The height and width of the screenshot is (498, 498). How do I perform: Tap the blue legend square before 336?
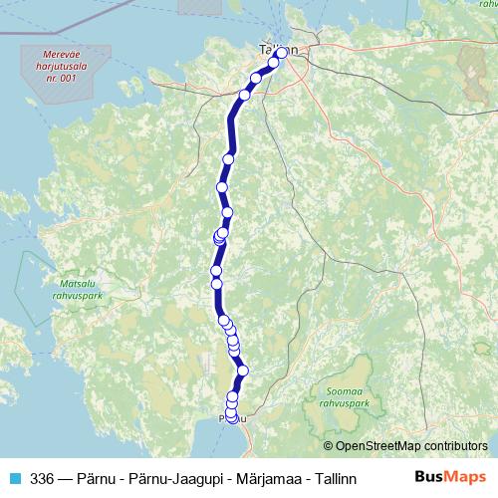click(15, 476)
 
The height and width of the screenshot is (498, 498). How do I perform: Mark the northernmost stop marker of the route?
click(282, 52)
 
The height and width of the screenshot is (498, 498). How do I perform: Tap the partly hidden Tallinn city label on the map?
click(277, 48)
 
